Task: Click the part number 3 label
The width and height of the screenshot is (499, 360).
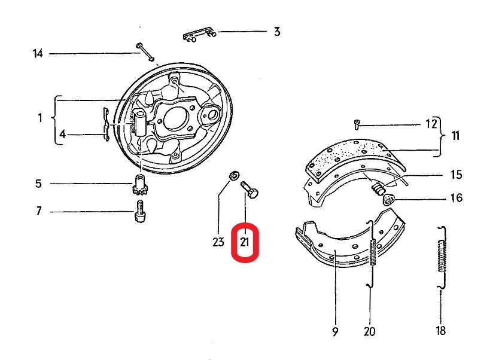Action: click(x=277, y=32)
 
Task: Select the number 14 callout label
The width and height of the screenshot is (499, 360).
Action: click(x=38, y=53)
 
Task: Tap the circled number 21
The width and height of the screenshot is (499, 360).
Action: click(x=244, y=242)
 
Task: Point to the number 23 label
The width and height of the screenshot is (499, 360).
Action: click(x=218, y=242)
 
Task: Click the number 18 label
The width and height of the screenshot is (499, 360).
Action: click(x=441, y=331)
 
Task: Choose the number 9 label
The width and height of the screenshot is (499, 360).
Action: click(x=335, y=332)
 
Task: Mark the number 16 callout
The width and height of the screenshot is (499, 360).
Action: click(x=457, y=198)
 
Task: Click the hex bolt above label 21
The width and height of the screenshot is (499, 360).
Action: click(x=250, y=190)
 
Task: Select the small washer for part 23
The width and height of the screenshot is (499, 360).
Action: click(x=235, y=175)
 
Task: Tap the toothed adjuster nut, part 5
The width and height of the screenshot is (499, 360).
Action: click(x=139, y=184)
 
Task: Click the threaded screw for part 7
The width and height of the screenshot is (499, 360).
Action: click(x=140, y=211)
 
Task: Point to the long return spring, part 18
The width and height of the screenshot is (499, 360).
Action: click(x=442, y=257)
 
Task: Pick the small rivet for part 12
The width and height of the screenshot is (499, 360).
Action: click(x=357, y=124)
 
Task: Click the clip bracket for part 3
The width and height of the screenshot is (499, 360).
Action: click(x=199, y=34)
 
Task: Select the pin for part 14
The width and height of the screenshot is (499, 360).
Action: click(x=145, y=51)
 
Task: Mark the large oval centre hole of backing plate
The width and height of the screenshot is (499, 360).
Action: click(x=175, y=118)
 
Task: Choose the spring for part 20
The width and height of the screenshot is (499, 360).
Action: click(x=372, y=253)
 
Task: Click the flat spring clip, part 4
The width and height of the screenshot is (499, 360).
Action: click(x=107, y=124)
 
